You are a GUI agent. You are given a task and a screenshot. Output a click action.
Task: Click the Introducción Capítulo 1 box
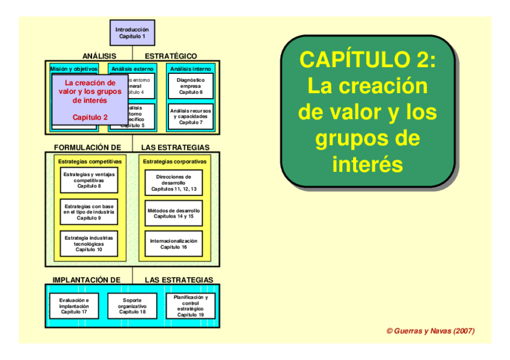pos(132,32)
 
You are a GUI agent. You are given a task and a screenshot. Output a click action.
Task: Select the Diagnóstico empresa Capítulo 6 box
pos(191,86)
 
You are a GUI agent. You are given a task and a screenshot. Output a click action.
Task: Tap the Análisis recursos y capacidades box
pos(191,117)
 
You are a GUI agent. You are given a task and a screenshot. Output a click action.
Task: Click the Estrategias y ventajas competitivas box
pos(89,180)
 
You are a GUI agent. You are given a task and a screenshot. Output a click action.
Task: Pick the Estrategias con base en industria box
pos(89,212)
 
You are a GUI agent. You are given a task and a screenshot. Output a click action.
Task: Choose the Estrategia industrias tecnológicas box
pos(89,243)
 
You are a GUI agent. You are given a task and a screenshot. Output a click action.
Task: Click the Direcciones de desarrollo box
pos(174,183)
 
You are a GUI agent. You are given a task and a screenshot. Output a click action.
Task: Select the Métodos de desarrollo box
pos(174,213)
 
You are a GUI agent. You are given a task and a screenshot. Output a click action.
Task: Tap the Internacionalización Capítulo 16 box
pos(174,243)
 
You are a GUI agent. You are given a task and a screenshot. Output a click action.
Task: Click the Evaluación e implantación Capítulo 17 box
pos(74,305)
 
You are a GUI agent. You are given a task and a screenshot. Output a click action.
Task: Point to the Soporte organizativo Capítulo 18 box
pos(132,305)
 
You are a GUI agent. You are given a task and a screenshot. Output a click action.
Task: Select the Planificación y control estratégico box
pos(191,305)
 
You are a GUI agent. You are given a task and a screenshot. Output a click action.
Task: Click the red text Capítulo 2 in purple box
pos(90,117)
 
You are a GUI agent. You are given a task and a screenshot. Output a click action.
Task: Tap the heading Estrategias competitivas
pos(90,161)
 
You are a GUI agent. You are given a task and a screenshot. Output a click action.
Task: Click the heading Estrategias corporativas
pos(174,161)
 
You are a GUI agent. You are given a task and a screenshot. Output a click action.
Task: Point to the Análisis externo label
pos(132,69)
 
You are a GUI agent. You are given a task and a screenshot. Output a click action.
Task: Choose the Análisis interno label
pos(191,69)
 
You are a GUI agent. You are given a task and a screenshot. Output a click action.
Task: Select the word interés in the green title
pos(367,164)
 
